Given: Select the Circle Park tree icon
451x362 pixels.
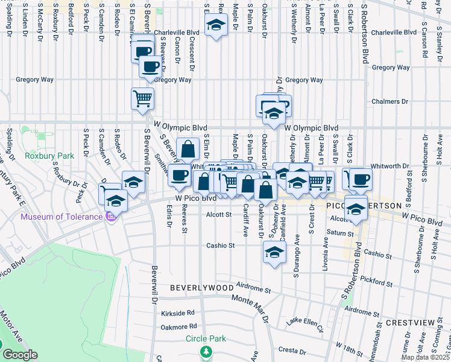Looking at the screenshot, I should [206, 351].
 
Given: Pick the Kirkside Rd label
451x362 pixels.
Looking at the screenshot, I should [178, 313].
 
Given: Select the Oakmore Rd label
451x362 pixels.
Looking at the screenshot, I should [178, 327].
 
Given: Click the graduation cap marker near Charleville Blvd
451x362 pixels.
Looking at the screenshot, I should [214, 26].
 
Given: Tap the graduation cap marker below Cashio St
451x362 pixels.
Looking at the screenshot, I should [274, 252].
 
